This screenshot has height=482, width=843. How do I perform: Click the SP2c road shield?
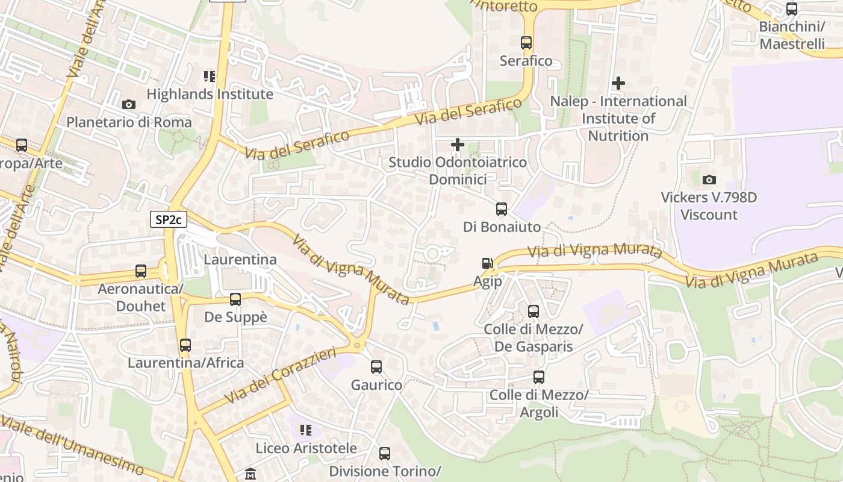pos(168,219)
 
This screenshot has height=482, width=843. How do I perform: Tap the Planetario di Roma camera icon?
pos(129,105)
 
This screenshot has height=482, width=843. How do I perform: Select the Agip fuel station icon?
pos(487,263)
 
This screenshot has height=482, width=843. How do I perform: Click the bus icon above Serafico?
pos(526,43)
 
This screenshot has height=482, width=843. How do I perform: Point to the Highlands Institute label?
pos(210,94)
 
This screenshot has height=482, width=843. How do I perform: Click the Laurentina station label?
pos(240,260)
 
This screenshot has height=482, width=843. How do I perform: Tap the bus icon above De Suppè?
pos(235,299)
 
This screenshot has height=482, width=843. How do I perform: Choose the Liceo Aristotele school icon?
pos(306,430)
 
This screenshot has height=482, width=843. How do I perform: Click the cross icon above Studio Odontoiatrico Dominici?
pos(458,145)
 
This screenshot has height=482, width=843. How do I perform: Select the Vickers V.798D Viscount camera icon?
pos(709,180)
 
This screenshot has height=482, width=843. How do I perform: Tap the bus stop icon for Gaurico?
pos(376,367)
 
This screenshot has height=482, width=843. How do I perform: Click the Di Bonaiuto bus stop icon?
pos(502,209)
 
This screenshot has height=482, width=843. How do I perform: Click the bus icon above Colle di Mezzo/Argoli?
pos(539,377)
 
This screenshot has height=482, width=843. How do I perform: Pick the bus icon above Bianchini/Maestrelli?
pos(792,9)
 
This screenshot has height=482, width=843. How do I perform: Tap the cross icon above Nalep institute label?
pos(618,83)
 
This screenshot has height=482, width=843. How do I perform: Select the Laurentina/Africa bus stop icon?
pos(185,345)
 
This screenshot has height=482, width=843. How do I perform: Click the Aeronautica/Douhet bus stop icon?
pos(141,271)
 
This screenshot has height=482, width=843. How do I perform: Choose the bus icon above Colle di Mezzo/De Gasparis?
pos(533,311)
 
